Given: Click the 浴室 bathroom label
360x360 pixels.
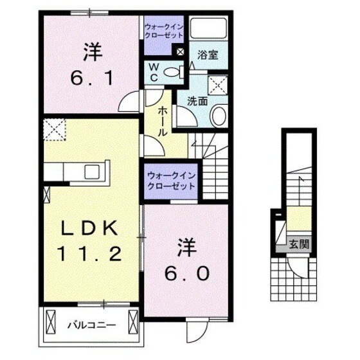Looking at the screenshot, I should click(x=206, y=55).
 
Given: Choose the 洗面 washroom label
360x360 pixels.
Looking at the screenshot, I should click(x=196, y=100).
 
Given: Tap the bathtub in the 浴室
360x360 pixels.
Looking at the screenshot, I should click(x=208, y=29).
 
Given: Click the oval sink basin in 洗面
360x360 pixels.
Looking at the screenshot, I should click(x=217, y=116).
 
